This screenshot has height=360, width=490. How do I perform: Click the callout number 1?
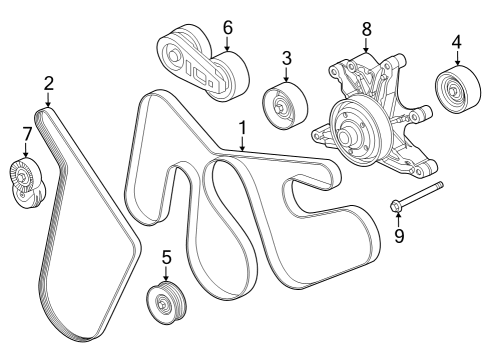tap(241, 128)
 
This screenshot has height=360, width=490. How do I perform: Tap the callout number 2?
tap(48, 84)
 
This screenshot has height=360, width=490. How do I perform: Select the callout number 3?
tap(286, 59)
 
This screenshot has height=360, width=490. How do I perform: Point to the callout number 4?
tap(456, 43)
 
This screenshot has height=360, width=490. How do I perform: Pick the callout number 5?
tap(166, 255)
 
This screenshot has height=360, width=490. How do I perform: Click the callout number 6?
tap(227, 26)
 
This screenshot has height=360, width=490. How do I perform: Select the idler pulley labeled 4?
tap(456, 94)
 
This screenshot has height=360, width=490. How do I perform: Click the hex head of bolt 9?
tap(396, 208)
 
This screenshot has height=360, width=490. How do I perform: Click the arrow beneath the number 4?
tap(456, 60)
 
